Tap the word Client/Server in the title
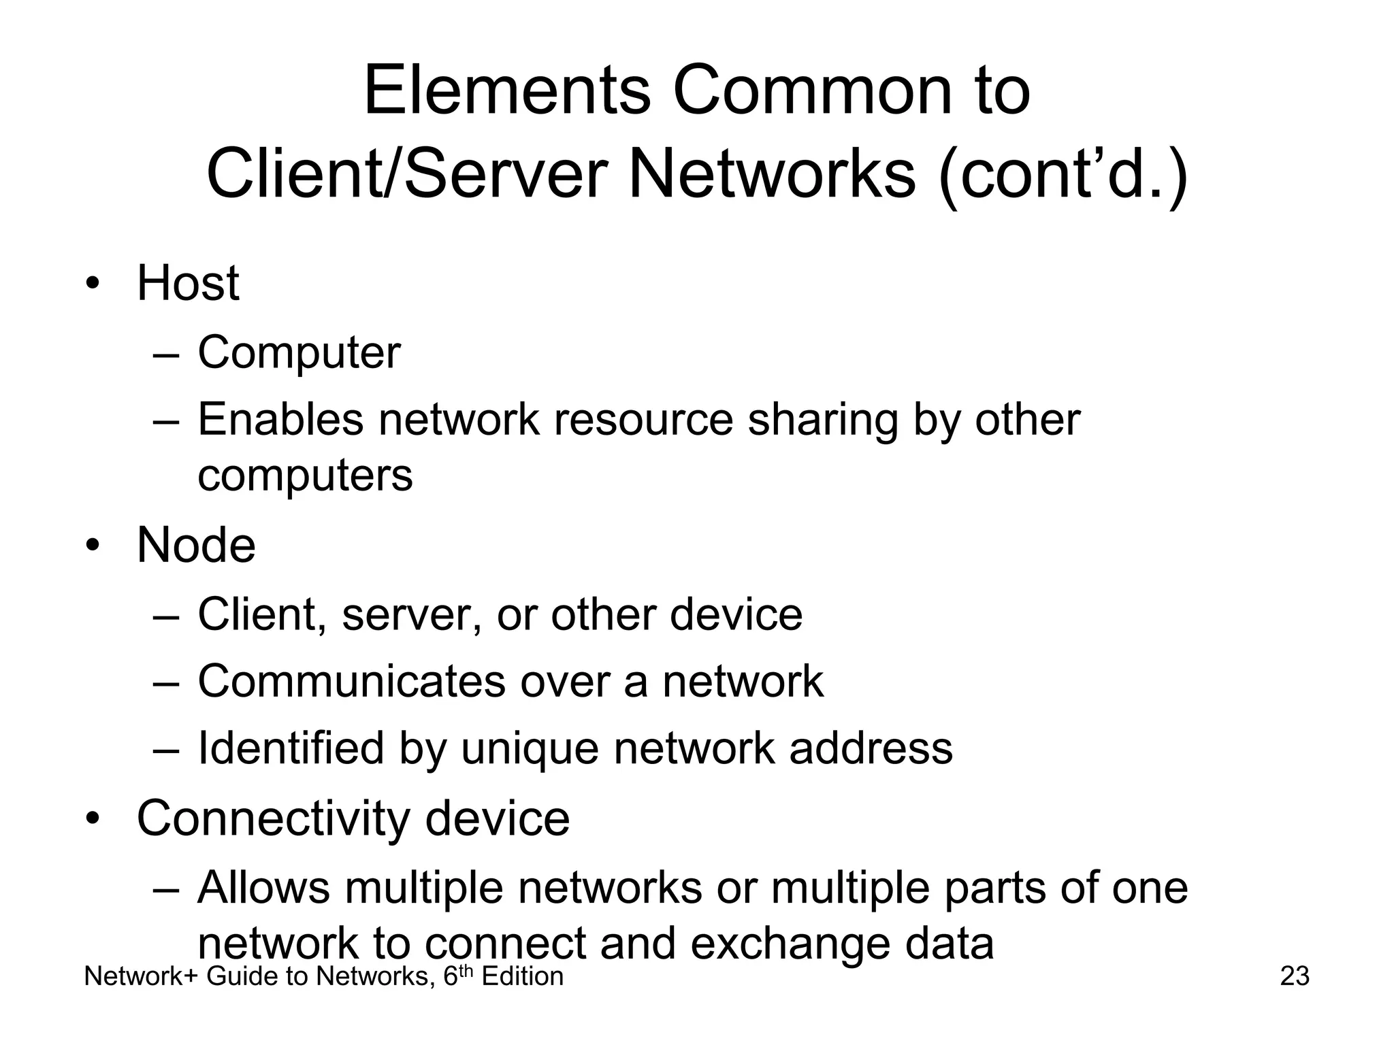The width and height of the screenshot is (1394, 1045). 406,174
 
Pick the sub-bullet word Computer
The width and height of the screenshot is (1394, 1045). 299,353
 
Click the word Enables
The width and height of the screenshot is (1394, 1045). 280,419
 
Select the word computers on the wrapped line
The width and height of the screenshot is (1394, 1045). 305,475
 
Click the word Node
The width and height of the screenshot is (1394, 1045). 196,546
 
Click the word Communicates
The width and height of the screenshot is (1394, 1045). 351,681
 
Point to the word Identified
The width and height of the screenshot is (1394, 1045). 291,748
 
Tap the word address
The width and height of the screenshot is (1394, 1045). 871,748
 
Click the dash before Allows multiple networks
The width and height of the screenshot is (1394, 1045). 166,889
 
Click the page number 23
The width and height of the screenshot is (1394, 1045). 1295,976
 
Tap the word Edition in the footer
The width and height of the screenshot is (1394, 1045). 523,976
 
